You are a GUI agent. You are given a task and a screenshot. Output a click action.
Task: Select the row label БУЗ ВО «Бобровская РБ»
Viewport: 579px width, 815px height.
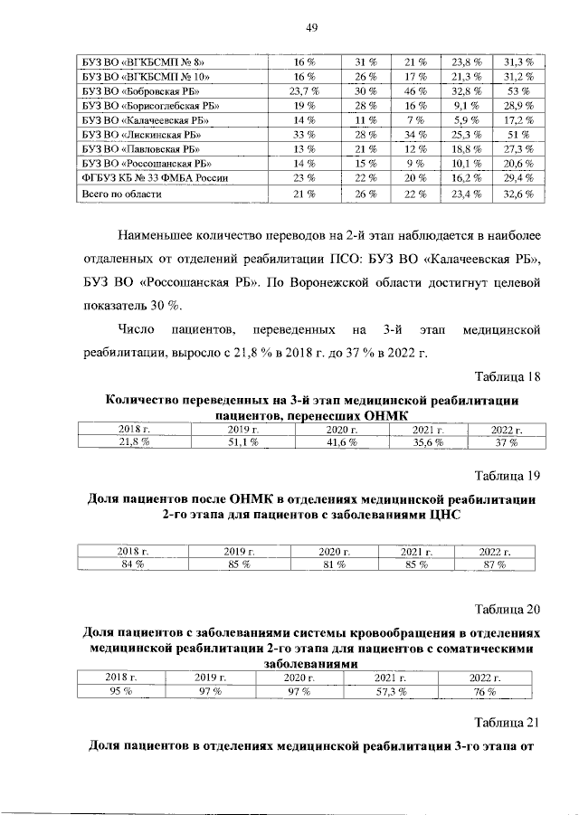click(135, 90)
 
